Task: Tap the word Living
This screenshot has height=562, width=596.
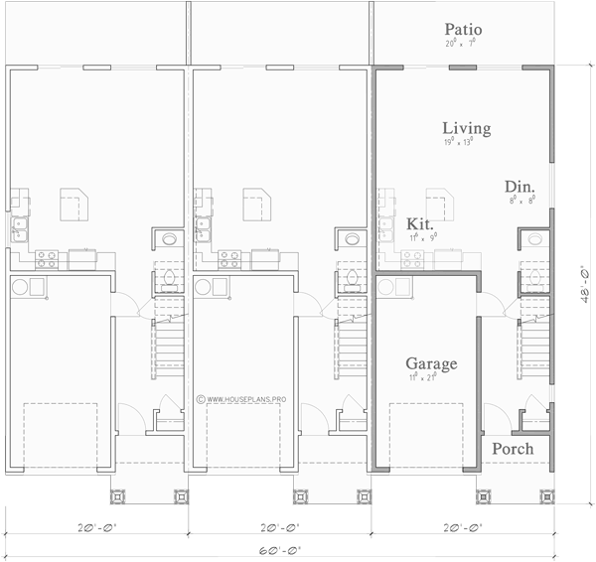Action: [x=466, y=129]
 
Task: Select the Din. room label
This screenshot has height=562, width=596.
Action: [x=520, y=187]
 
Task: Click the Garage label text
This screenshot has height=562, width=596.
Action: [x=432, y=364]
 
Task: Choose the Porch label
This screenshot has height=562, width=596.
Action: [x=513, y=449]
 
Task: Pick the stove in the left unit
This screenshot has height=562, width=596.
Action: [x=46, y=258]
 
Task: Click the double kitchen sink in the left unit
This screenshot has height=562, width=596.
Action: [x=19, y=231]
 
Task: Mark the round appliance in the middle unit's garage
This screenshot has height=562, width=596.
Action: [x=203, y=286]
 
